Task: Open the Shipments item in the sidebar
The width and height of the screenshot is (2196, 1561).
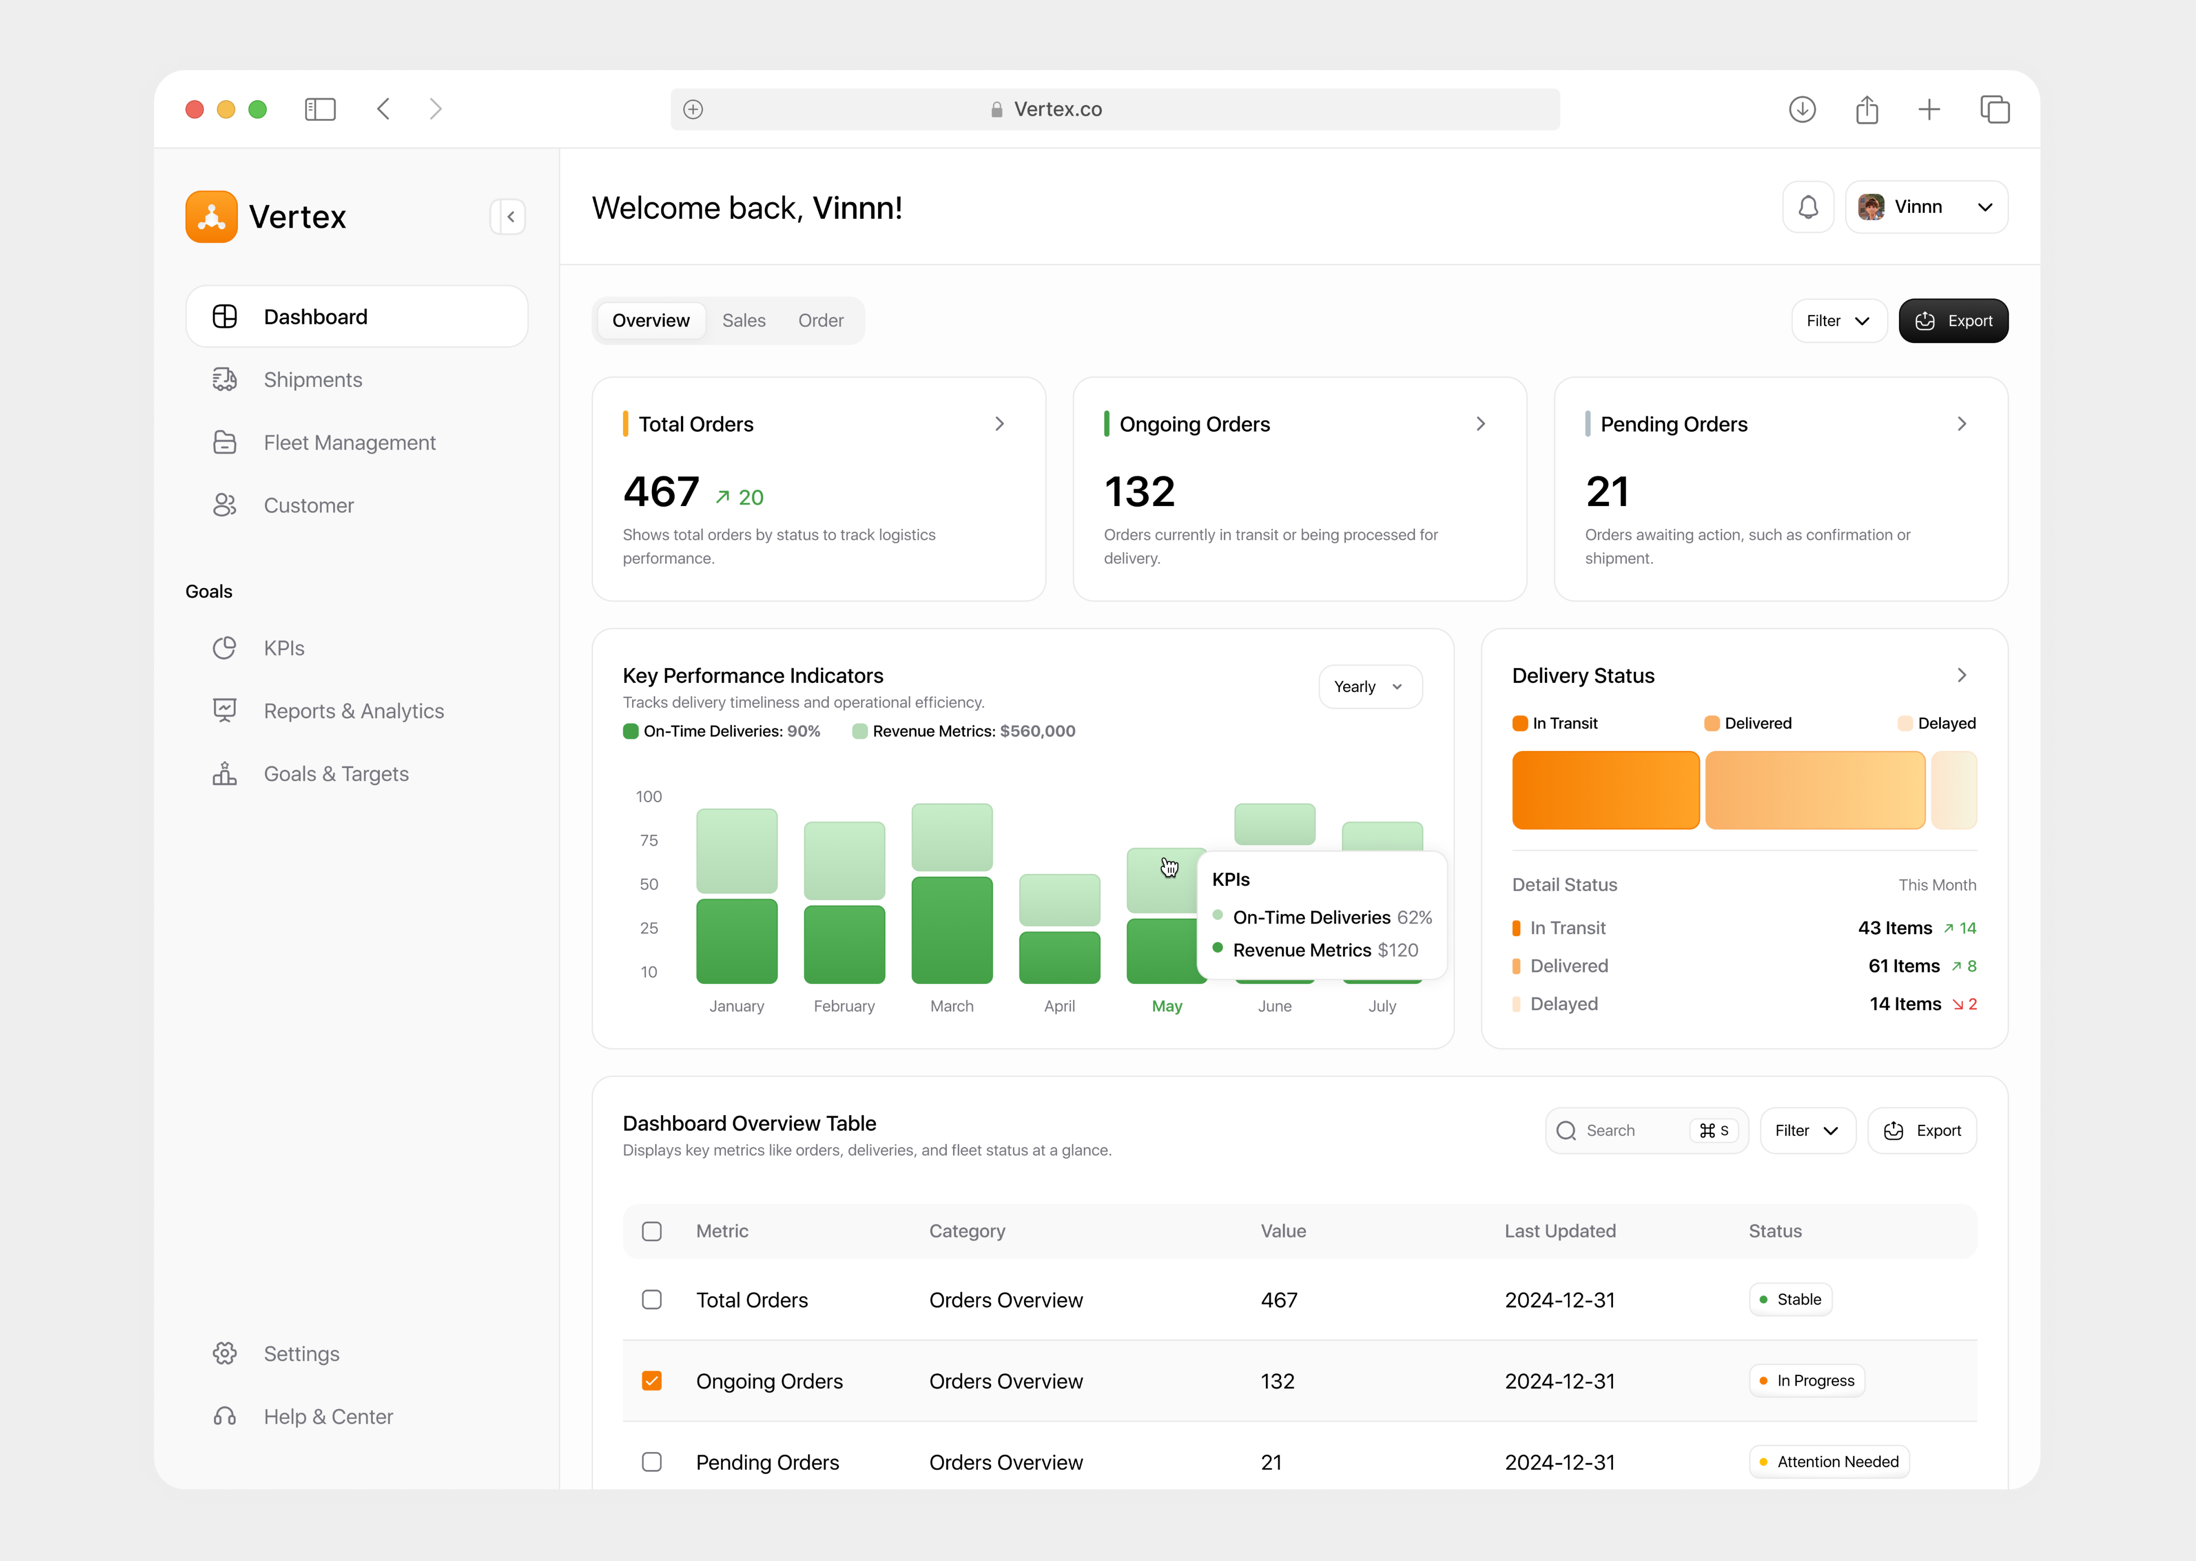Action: click(x=313, y=380)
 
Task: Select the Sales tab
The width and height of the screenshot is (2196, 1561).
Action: click(x=743, y=320)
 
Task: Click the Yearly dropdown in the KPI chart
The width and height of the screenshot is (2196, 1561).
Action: click(x=1369, y=686)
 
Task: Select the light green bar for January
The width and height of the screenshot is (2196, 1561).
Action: click(x=737, y=851)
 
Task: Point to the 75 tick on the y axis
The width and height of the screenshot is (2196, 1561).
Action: click(x=649, y=840)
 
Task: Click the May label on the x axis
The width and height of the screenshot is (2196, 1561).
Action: click(x=1166, y=1005)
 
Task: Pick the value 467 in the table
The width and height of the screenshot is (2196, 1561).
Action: click(x=1279, y=1300)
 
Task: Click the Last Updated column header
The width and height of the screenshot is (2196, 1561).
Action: click(x=1560, y=1230)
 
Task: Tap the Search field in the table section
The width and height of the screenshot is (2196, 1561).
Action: click(x=1625, y=1130)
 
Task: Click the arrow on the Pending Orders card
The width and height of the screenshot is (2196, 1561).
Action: click(x=1962, y=424)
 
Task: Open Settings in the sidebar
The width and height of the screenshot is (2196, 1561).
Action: click(x=301, y=1353)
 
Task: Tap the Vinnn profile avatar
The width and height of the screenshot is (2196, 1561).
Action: click(x=1870, y=207)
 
